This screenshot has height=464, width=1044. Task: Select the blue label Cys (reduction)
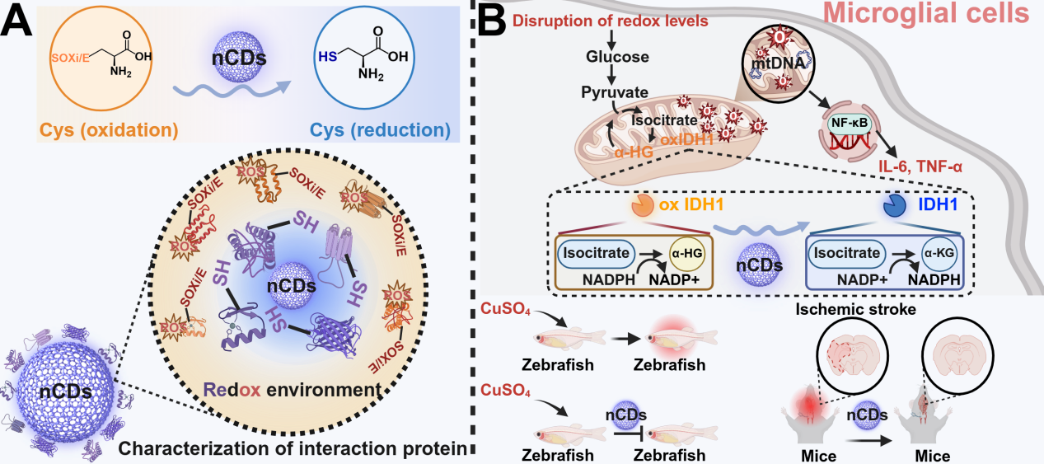pyautogui.click(x=385, y=130)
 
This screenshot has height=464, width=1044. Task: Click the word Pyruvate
pyautogui.click(x=613, y=91)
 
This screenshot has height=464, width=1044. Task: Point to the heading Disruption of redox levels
pyautogui.click(x=611, y=20)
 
